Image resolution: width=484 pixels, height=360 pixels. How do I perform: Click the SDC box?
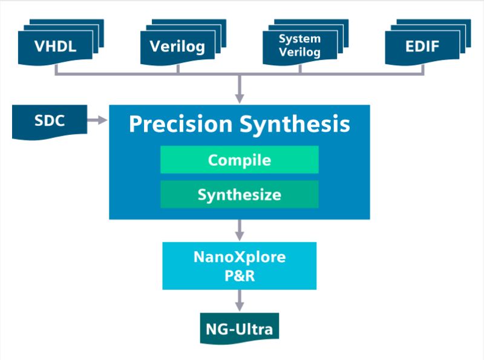49,120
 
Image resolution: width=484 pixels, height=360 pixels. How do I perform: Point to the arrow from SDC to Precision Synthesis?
97,121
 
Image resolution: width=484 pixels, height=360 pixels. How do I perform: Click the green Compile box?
239,160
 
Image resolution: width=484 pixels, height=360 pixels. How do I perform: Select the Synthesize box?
239,194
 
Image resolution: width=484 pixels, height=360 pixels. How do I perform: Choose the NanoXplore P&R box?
239,265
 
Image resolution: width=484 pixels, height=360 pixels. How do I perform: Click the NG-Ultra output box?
240,329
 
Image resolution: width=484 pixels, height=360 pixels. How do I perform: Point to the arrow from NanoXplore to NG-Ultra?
240,300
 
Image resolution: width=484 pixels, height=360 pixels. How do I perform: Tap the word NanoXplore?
239,257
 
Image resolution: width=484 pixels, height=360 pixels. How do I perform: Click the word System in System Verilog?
299,39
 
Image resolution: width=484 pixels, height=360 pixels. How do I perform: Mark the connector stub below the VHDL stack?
56,69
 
